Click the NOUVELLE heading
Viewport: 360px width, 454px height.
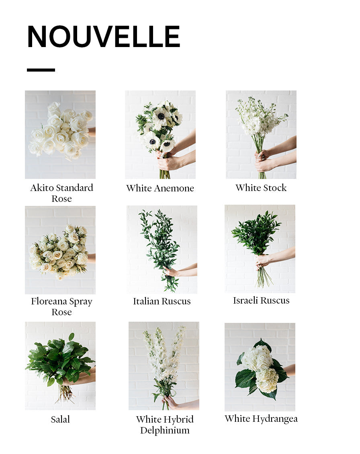click(x=104, y=36)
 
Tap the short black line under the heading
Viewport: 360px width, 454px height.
click(x=41, y=70)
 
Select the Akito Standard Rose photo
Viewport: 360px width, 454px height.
click(x=60, y=135)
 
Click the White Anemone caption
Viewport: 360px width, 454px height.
click(x=160, y=188)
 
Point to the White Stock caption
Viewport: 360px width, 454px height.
click(x=261, y=188)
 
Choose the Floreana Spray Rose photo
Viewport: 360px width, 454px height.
click(x=60, y=250)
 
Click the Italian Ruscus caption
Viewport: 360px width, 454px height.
click(x=162, y=301)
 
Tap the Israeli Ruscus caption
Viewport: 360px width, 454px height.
click(x=261, y=300)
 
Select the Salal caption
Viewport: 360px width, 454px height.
click(x=60, y=419)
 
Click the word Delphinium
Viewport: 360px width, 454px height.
click(x=165, y=431)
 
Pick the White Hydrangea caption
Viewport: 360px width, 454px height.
click(x=261, y=419)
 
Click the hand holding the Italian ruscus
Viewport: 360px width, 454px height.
click(x=171, y=271)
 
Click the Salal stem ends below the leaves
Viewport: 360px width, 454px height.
click(x=65, y=394)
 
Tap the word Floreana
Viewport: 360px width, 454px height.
click(x=49, y=302)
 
